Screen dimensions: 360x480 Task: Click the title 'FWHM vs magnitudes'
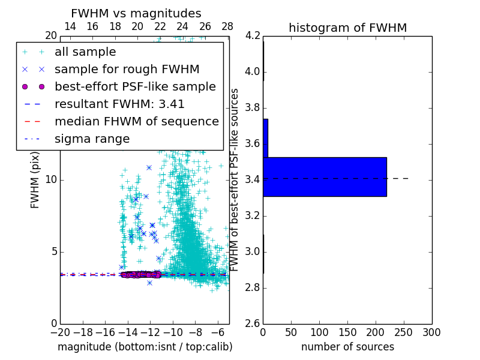pos(136,13)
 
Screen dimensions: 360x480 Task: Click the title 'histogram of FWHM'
pos(347,28)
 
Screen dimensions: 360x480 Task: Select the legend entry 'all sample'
pos(85,52)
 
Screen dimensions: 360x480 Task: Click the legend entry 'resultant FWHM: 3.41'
pos(119,104)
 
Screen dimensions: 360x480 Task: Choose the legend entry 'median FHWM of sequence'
pos(136,122)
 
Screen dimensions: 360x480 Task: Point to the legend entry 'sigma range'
pos(92,139)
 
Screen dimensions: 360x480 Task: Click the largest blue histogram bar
pos(325,177)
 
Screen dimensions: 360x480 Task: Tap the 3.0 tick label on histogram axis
pos(252,251)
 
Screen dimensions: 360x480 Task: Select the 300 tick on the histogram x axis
pos(431,332)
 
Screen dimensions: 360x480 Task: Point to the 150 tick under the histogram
pos(347,332)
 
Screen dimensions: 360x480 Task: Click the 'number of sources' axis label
pos(347,347)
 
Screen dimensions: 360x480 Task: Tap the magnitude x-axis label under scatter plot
pos(145,347)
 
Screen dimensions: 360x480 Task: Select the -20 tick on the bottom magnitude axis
pos(60,332)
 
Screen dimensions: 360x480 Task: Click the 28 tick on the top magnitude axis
pos(227,27)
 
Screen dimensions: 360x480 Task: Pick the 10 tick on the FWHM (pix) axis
pos(50,180)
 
